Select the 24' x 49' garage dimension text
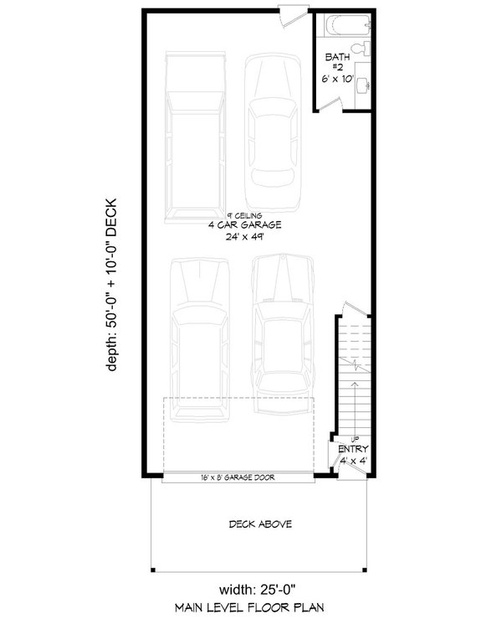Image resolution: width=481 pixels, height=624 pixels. click(243, 237)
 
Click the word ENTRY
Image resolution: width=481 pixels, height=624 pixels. click(353, 449)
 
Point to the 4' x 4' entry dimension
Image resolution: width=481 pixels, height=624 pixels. click(353, 459)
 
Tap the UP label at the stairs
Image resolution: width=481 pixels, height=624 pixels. click(355, 438)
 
